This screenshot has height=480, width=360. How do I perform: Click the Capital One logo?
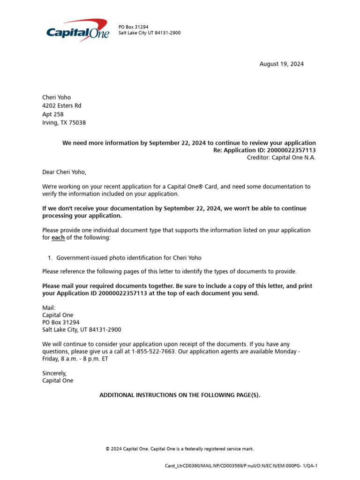click(78, 31)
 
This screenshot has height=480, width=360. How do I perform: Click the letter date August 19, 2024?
click(281, 64)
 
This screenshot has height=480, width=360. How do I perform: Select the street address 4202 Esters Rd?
click(61, 106)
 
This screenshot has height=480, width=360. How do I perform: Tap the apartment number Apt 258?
click(53, 114)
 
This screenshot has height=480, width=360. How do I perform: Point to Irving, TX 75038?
click(64, 123)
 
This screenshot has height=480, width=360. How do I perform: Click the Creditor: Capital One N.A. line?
click(281, 157)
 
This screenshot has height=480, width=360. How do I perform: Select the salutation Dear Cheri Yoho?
click(65, 172)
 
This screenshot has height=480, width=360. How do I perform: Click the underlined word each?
click(58, 238)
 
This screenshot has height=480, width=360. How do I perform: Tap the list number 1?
click(50, 258)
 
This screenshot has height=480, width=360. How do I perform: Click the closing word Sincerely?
click(55, 374)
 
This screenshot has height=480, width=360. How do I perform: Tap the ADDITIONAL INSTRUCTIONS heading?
click(180, 395)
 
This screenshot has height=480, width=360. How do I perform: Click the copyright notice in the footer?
click(180, 449)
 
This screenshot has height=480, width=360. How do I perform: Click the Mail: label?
click(49, 308)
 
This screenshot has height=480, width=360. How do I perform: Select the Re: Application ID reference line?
click(264, 150)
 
